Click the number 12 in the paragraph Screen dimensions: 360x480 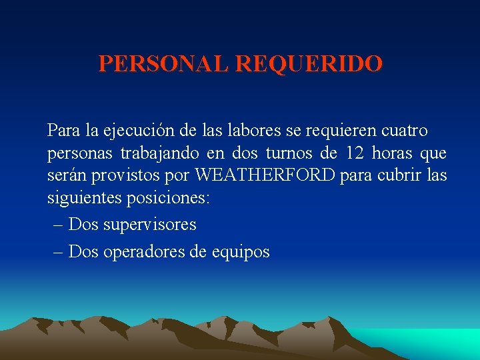(x=355, y=153)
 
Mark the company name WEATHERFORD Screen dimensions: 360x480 (x=265, y=176)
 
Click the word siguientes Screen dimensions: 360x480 (x=79, y=199)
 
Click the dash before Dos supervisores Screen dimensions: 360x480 (x=57, y=225)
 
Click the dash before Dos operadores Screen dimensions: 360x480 (x=57, y=252)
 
